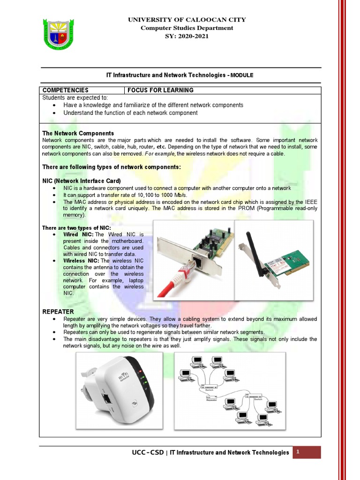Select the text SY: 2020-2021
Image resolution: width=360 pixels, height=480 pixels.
click(187, 37)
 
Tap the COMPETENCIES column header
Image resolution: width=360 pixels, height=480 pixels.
click(65, 90)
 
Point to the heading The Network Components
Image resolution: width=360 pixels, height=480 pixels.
click(78, 134)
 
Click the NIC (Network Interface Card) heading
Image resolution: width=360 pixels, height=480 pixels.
click(82, 181)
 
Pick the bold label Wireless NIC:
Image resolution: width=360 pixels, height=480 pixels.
click(81, 261)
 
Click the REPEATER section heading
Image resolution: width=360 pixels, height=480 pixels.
click(58, 311)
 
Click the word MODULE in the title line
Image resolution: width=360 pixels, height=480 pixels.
click(242, 75)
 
